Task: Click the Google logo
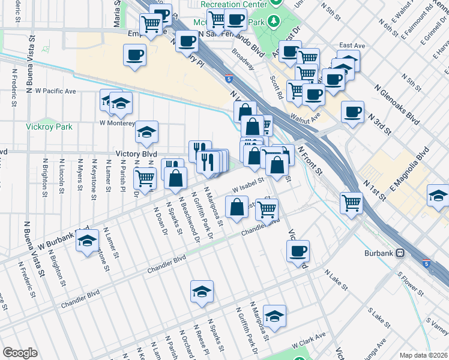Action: click(20, 353)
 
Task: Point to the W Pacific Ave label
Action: click(55, 91)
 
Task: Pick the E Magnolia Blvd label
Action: click(410, 171)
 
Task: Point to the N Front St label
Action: click(310, 162)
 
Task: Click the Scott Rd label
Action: click(276, 87)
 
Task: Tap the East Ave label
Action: click(352, 45)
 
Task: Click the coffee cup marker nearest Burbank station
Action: click(298, 251)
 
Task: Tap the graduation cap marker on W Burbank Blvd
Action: click(88, 242)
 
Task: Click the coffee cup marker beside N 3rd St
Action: click(352, 111)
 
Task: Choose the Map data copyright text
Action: click(424, 355)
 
